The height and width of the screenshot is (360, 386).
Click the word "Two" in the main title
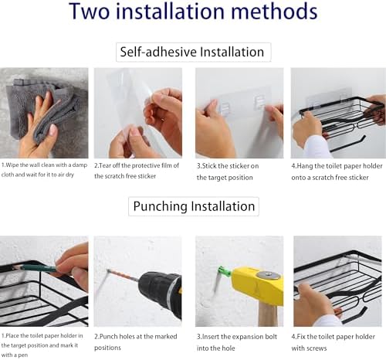90,12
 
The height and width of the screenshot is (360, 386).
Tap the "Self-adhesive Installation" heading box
193,52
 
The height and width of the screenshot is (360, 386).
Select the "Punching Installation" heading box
194,206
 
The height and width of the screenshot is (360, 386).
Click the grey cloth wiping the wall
44,108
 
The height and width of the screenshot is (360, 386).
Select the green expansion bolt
223,271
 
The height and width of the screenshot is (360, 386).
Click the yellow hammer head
257,284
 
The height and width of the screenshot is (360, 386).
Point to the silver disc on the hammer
269,275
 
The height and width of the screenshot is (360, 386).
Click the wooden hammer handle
268,314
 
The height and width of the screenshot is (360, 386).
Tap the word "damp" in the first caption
80,165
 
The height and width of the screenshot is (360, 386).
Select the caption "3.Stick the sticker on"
228,166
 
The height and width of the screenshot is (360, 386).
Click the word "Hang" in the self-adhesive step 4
304,166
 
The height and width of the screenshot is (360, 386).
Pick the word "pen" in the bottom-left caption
22,355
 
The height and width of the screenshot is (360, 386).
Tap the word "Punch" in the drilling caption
107,337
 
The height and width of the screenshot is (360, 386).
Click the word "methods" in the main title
274,12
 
